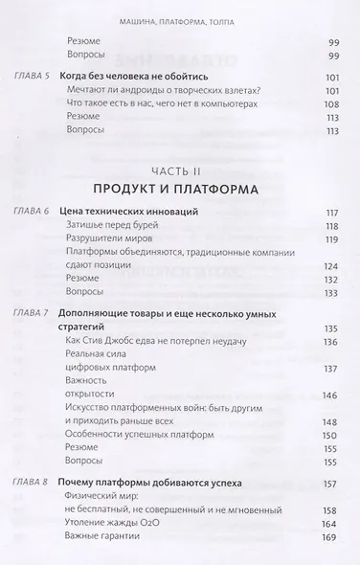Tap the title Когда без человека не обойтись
(141, 102)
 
